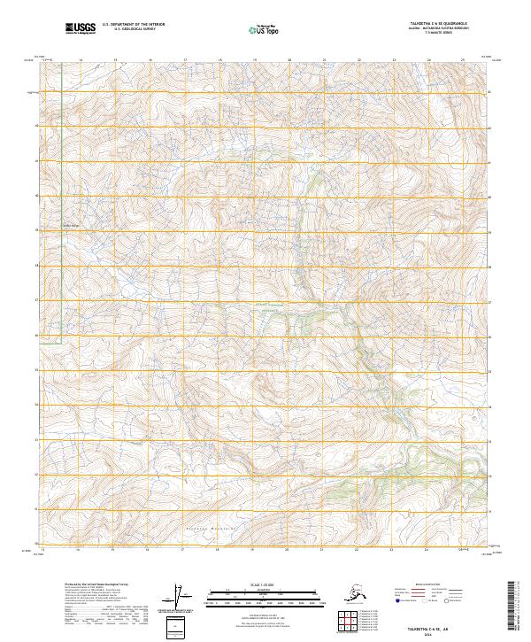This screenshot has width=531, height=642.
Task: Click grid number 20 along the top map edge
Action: pos(289,61)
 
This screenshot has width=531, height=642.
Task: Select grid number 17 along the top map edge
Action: pos(185,61)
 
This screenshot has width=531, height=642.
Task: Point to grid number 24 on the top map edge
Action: pos(429,61)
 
